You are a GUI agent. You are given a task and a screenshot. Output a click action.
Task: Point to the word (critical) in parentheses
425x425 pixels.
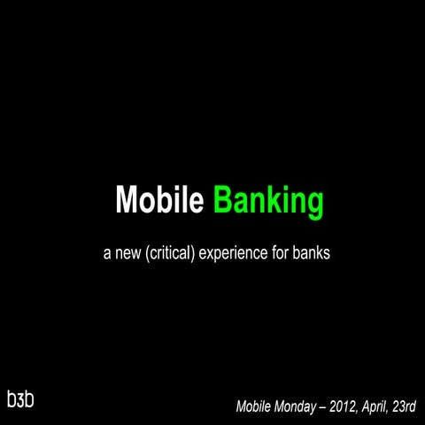(172, 255)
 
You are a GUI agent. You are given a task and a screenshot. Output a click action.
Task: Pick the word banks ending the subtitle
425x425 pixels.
(313, 254)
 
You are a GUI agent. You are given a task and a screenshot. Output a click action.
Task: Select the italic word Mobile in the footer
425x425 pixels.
(257, 408)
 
